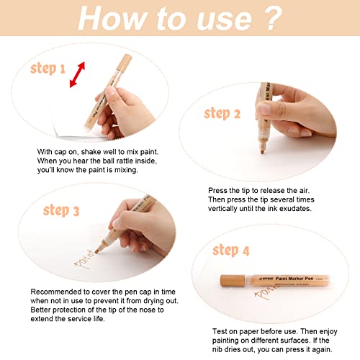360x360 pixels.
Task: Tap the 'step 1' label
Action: coord(48,69)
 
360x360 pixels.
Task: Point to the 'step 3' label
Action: coord(60,210)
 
